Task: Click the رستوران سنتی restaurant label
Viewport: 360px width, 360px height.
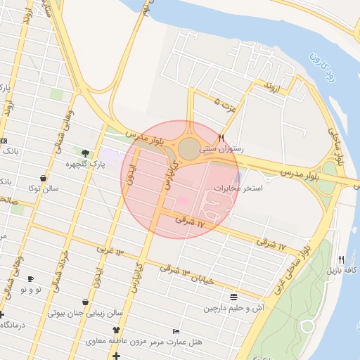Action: click(x=221, y=149)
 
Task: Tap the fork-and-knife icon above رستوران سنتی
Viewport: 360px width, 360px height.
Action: click(x=221, y=138)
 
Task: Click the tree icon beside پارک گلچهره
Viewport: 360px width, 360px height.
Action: click(x=86, y=153)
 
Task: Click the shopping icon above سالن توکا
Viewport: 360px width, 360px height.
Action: click(x=44, y=179)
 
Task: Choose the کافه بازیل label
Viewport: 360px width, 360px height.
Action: click(x=342, y=270)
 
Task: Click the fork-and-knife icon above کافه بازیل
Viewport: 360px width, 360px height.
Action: click(x=342, y=259)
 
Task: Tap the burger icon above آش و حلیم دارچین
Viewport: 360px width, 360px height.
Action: click(x=233, y=297)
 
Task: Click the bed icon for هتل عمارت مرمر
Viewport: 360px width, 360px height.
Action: click(x=176, y=331)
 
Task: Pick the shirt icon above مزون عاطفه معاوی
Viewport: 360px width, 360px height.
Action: click(x=116, y=330)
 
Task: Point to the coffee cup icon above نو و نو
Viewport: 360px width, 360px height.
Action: click(x=30, y=279)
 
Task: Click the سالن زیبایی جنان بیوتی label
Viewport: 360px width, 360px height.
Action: click(x=85, y=313)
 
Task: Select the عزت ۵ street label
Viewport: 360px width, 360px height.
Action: click(x=226, y=105)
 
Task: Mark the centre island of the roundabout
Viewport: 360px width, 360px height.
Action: click(x=189, y=148)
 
